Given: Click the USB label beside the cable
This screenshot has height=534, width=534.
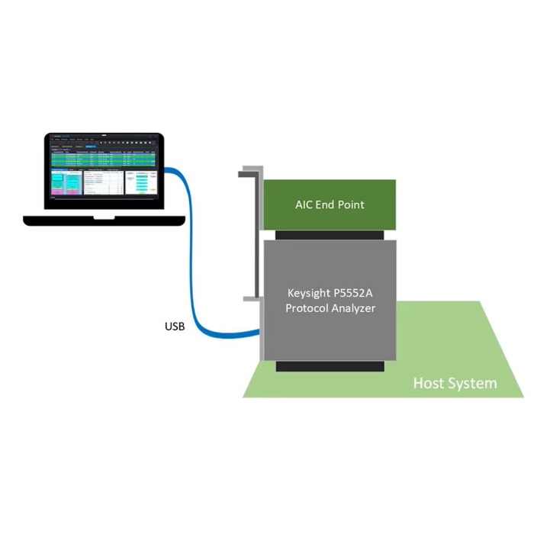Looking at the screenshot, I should pyautogui.click(x=175, y=327).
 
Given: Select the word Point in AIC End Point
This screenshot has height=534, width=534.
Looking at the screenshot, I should pyautogui.click(x=350, y=204).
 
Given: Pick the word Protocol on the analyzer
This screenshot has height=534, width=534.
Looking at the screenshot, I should pyautogui.click(x=310, y=308).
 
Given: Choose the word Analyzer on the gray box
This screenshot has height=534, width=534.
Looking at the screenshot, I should pyautogui.click(x=355, y=308).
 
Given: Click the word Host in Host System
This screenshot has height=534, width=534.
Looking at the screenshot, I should pyautogui.click(x=429, y=383).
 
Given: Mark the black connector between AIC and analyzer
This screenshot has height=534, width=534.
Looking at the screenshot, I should pyautogui.click(x=330, y=233).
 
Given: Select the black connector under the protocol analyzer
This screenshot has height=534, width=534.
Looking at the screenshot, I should pyautogui.click(x=330, y=366).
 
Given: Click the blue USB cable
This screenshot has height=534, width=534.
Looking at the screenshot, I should pyautogui.click(x=191, y=290).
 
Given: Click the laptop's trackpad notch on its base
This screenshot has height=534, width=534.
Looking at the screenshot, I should pyautogui.click(x=105, y=217).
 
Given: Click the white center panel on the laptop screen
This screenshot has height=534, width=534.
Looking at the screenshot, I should pyautogui.click(x=102, y=182).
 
